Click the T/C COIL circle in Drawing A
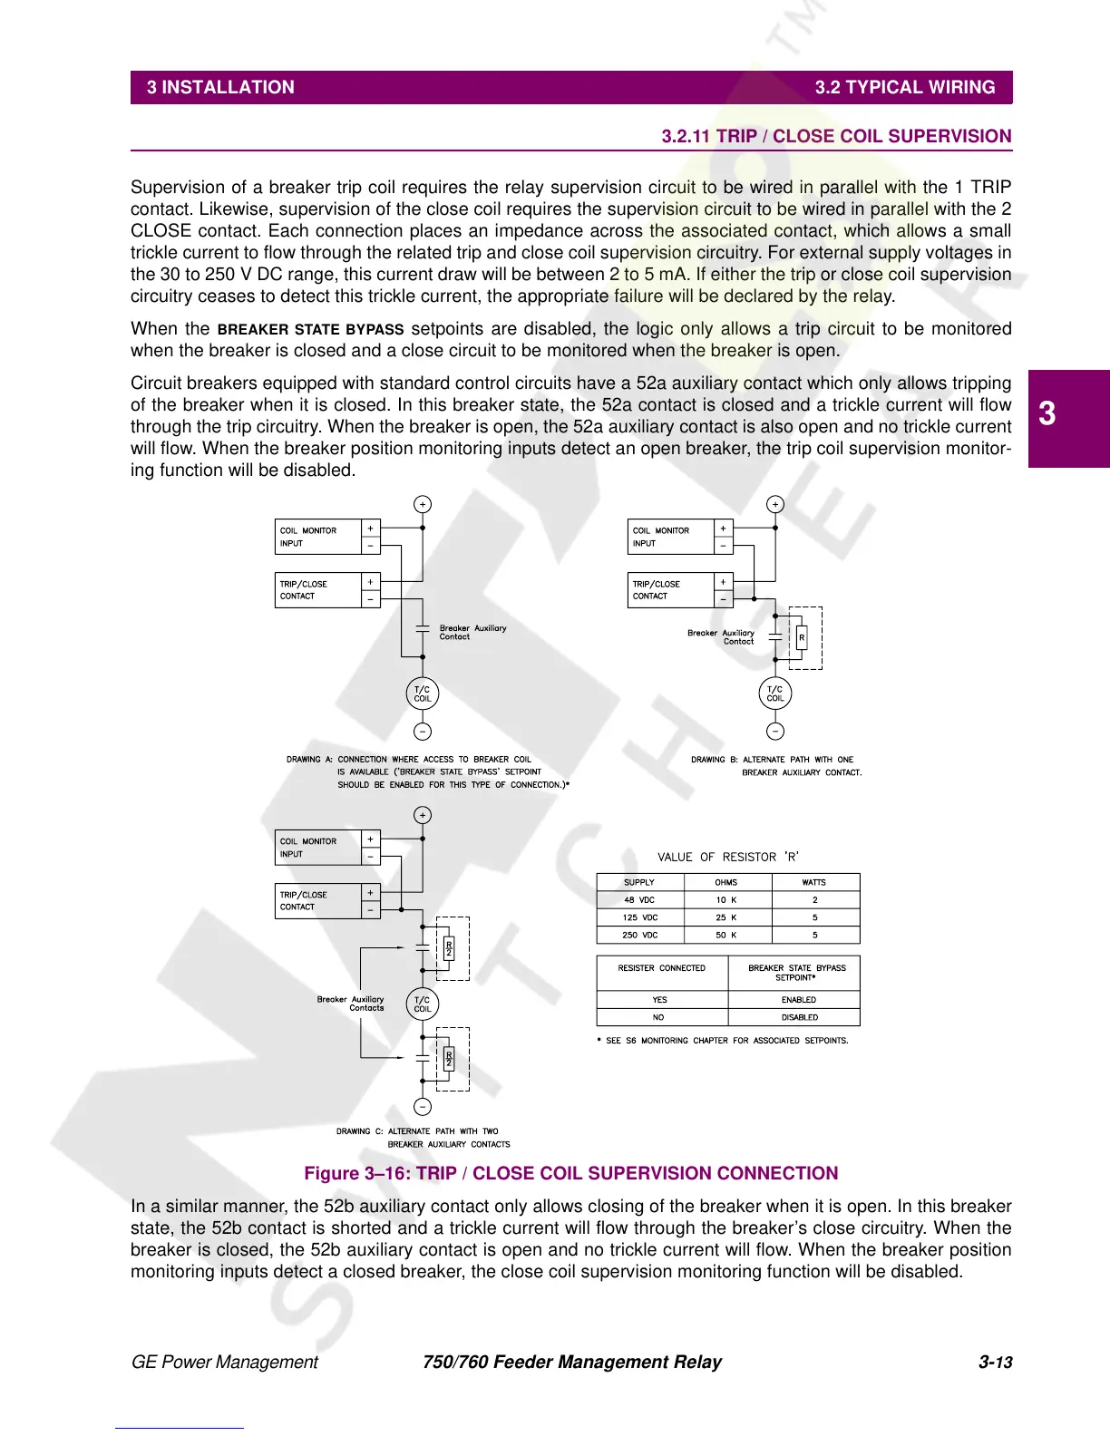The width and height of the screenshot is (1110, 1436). tap(423, 694)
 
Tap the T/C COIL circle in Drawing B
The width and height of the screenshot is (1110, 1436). tap(775, 694)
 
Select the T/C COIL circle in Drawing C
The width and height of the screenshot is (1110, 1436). tap(423, 1004)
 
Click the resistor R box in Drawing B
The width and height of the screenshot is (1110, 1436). tap(802, 637)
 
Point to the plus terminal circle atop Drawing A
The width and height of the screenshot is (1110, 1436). tap(423, 505)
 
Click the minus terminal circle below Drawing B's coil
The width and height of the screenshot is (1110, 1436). tap(775, 732)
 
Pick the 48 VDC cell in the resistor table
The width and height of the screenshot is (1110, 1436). tap(639, 900)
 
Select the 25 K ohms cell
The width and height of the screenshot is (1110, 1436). tap(726, 917)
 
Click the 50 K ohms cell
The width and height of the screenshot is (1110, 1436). tap(726, 935)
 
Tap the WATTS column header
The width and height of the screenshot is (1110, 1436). tap(814, 882)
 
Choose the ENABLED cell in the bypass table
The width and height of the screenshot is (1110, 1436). tap(799, 1000)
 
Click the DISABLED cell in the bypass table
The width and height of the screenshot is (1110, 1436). tap(799, 1017)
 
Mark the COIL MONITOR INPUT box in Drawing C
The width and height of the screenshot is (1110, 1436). tap(317, 848)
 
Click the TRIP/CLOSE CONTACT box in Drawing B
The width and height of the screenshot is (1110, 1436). tap(671, 590)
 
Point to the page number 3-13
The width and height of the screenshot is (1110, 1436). tap(995, 1363)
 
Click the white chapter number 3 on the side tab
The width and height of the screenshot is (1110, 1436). tap(1047, 414)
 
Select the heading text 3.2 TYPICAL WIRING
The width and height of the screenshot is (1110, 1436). tap(904, 88)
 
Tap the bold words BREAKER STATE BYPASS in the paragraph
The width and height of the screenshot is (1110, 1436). tap(310, 330)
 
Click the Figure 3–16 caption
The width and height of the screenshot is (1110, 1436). tap(570, 1174)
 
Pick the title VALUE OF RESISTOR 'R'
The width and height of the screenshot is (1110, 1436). tap(728, 857)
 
